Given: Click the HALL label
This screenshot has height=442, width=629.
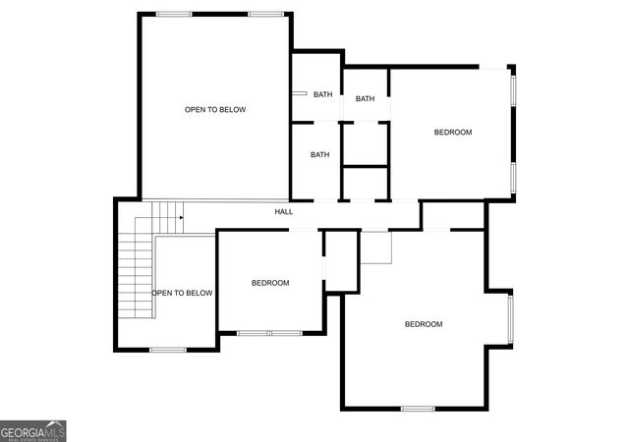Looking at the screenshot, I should pyautogui.click(x=283, y=211).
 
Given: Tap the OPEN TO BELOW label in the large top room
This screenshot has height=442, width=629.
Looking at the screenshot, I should pyautogui.click(x=215, y=110).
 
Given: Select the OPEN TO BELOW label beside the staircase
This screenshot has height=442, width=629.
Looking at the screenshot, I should pyautogui.click(x=182, y=293).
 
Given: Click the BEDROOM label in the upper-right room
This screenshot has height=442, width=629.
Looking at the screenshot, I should pyautogui.click(x=453, y=132).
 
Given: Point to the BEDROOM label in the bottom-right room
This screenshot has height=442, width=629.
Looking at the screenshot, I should pyautogui.click(x=424, y=324).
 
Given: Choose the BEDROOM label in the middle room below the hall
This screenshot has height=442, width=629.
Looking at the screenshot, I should pyautogui.click(x=270, y=283).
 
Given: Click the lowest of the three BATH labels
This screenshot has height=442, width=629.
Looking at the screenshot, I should pyautogui.click(x=319, y=154).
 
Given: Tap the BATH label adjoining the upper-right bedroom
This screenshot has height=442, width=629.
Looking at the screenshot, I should pyautogui.click(x=365, y=98).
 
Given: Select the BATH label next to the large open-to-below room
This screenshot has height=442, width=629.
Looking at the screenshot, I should pyautogui.click(x=322, y=94).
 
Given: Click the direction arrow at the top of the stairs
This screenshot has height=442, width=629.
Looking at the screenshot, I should pyautogui.click(x=180, y=218).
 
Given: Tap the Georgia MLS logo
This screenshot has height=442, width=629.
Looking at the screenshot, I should pyautogui.click(x=33, y=431).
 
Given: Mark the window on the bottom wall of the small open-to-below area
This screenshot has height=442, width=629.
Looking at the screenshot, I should pyautogui.click(x=167, y=350).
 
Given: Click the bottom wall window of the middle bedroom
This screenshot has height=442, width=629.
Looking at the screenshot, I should pyautogui.click(x=269, y=333).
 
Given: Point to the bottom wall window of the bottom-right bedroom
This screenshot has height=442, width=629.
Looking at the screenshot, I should pyautogui.click(x=417, y=408).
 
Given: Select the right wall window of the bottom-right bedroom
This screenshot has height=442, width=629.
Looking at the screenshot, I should pyautogui.click(x=509, y=320).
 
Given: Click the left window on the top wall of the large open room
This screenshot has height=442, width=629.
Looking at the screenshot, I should pyautogui.click(x=174, y=14).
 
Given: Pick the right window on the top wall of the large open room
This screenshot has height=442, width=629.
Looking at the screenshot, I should pyautogui.click(x=265, y=14).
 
